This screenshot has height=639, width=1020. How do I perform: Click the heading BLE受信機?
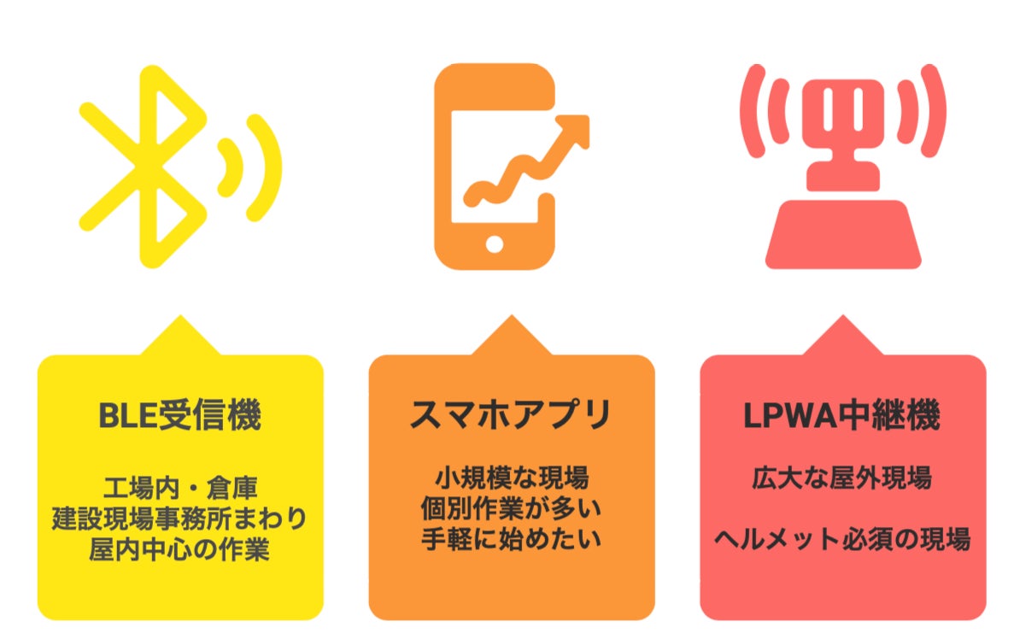[x=180, y=416]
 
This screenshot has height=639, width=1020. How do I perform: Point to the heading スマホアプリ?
[x=511, y=416]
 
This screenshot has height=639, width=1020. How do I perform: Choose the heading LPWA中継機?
[x=842, y=416]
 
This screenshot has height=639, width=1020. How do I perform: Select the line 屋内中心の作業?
[x=180, y=548]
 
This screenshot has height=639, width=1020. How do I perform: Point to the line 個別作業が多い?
[x=511, y=508]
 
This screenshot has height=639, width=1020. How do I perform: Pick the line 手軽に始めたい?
[x=511, y=539]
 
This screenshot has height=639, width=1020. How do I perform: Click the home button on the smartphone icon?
[x=495, y=243]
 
